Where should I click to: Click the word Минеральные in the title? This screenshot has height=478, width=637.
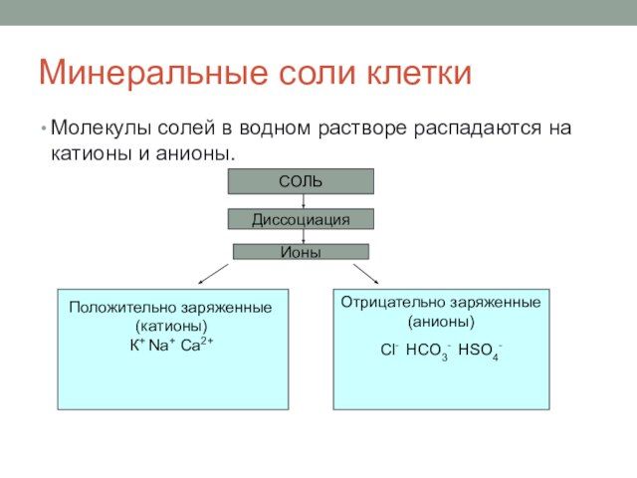(x=153, y=74)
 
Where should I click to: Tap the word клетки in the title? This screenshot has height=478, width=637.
(x=419, y=73)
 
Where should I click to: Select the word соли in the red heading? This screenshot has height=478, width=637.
(x=318, y=73)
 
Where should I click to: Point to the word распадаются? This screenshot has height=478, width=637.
(x=478, y=128)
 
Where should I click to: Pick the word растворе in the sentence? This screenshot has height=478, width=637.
(x=362, y=128)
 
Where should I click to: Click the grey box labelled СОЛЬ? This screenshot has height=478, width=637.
(x=301, y=181)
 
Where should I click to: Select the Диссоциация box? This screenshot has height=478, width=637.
(x=301, y=219)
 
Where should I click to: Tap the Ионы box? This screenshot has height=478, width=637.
(x=301, y=252)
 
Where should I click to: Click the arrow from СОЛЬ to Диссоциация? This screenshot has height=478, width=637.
(x=303, y=201)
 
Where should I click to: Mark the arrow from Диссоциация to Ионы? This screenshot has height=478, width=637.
(x=303, y=237)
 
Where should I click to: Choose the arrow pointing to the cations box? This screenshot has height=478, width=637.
(x=213, y=274)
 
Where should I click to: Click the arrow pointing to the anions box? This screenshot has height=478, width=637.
(x=366, y=274)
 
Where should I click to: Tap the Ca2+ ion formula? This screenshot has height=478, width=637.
(x=197, y=345)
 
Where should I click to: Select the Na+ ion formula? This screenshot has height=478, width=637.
(x=161, y=346)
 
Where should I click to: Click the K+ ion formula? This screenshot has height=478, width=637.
(x=137, y=346)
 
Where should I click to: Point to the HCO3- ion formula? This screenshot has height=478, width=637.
(x=428, y=352)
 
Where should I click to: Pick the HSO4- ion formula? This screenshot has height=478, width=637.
(x=480, y=352)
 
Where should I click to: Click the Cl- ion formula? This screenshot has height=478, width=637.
(x=389, y=350)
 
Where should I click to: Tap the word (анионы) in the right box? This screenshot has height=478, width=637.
(x=441, y=322)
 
